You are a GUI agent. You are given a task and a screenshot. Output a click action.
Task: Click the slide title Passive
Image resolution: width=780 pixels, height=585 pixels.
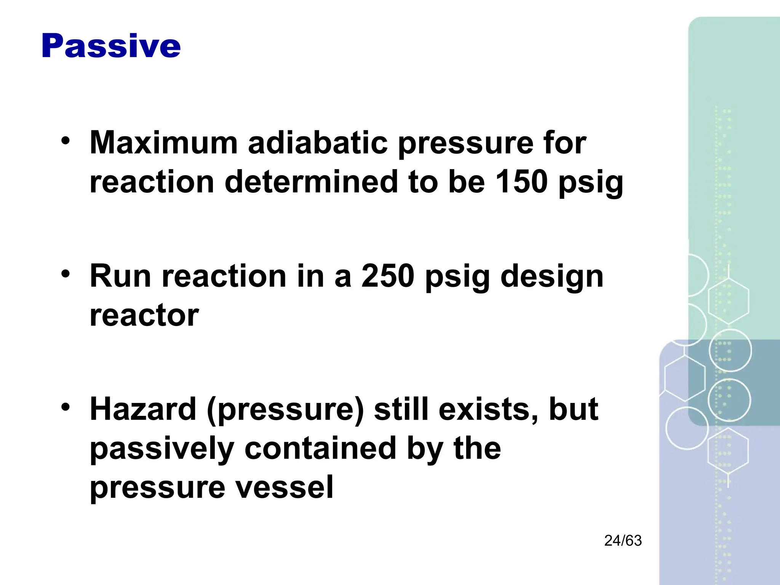111,46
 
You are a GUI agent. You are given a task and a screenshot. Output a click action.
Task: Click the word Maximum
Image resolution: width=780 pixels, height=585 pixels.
164,143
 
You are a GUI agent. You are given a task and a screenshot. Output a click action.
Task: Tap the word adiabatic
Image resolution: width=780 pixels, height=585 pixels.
318,143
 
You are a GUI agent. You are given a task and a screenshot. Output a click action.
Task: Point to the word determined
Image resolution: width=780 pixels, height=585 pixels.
310,182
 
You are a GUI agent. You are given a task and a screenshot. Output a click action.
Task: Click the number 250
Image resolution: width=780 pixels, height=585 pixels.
388,276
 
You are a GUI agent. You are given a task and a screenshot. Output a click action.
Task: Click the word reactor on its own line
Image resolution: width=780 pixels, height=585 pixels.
144,316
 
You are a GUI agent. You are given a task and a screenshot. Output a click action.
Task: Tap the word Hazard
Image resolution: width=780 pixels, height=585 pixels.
143,409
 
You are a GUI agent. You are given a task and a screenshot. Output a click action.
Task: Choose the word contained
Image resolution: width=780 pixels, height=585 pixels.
320,448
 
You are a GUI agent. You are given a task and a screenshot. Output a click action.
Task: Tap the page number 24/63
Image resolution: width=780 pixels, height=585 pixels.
623,541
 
